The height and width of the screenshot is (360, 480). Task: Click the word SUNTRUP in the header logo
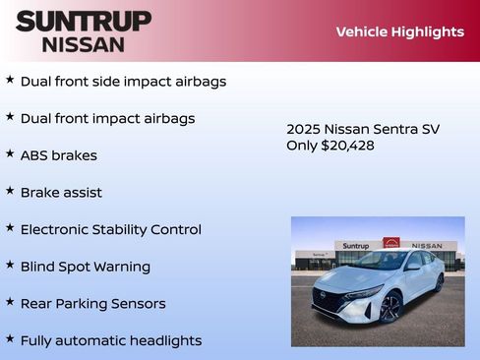tap(84, 21)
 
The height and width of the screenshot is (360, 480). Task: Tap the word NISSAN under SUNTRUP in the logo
tap(84, 44)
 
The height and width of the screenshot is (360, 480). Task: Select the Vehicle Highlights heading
tap(399, 31)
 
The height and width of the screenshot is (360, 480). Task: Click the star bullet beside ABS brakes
tap(10, 153)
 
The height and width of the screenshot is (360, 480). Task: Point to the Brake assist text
tap(61, 193)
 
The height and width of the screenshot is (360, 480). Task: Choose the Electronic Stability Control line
tap(110, 229)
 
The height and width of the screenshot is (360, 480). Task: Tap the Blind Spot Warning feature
tap(85, 267)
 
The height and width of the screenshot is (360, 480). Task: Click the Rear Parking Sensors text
tap(92, 304)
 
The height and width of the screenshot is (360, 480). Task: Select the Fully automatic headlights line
tap(110, 340)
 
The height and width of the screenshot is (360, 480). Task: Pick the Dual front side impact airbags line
tap(123, 81)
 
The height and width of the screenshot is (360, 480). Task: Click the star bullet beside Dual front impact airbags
tap(10, 117)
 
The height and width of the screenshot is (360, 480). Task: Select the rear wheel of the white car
tap(438, 284)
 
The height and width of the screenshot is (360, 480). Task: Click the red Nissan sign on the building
tap(391, 243)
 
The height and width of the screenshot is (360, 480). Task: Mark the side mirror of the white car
tap(413, 267)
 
